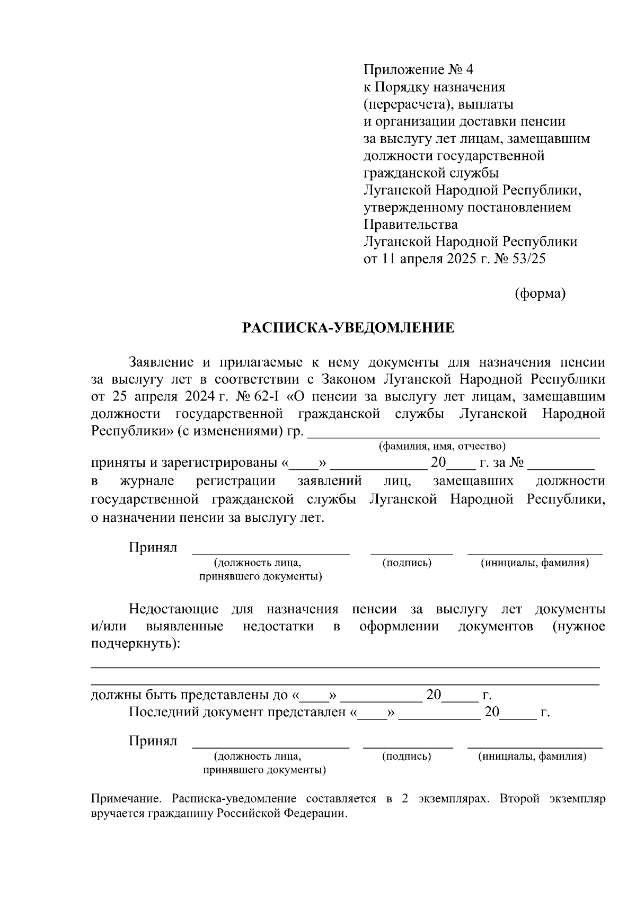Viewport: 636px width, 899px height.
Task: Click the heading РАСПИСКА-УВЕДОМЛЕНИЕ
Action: coord(348,328)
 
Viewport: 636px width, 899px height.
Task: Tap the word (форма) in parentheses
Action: coord(540,293)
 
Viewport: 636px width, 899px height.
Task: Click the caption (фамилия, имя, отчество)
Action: coord(441,447)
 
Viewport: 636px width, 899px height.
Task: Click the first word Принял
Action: coord(153,547)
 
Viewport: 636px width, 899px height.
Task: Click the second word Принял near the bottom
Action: coord(153,741)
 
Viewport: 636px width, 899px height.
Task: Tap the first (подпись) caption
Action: coord(407,563)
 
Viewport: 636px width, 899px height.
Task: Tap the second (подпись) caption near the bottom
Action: coord(407,756)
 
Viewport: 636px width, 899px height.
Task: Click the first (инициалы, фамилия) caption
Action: coord(535,563)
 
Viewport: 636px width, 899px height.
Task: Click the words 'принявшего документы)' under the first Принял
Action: coord(260,576)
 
